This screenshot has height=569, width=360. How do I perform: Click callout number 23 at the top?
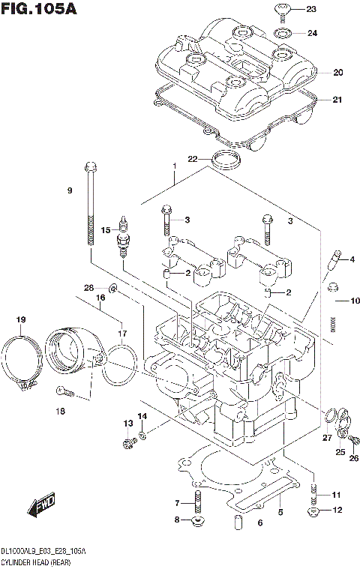coord(311,9)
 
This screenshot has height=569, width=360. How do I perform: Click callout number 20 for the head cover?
coord(337,73)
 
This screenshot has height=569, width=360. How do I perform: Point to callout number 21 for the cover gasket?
coord(337,100)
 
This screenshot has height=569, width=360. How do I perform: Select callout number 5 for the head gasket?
coord(280,512)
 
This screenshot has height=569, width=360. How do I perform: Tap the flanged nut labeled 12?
coord(311,513)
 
